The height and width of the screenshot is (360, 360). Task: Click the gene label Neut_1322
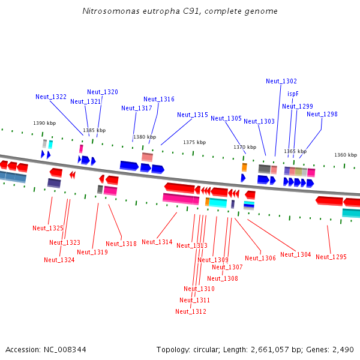point(51,97)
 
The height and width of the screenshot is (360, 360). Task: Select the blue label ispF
point(293,94)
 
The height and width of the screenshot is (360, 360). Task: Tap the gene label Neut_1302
point(281,81)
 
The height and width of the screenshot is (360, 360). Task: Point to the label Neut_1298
point(322,114)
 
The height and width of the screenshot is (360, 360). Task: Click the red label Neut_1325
point(48,228)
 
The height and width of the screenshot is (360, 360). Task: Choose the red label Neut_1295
point(331,257)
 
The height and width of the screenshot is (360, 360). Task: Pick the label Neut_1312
point(191,311)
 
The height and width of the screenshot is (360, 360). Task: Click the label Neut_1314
point(157,242)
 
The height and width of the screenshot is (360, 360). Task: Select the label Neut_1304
point(296,254)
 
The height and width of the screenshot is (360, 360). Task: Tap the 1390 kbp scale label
point(44,123)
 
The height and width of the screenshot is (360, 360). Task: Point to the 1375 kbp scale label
point(194,142)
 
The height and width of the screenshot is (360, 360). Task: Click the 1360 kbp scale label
point(346,154)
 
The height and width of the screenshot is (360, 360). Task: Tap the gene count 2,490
point(341,349)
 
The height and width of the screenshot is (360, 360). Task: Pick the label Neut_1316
point(159,99)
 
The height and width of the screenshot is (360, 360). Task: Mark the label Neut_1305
point(226,118)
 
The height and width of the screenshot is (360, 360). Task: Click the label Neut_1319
point(92,252)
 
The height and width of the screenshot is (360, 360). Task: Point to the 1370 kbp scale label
point(245,147)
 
